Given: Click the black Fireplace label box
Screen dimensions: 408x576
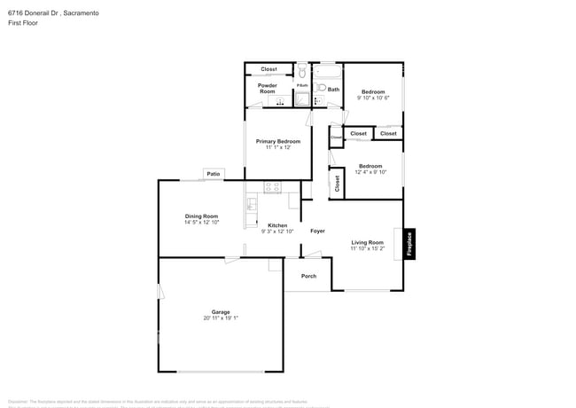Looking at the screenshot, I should (409, 244).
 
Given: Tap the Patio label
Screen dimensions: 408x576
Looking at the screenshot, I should (213, 174).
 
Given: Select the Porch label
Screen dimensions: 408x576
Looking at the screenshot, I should (308, 276).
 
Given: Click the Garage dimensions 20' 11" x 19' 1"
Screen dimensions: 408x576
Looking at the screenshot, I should (221, 318).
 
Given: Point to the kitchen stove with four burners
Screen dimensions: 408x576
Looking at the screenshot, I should (272, 187).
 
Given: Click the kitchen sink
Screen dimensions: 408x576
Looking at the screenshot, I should (252, 205).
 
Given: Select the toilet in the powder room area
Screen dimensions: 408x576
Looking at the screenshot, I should (302, 71).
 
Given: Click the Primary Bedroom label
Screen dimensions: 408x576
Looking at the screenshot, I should (278, 141).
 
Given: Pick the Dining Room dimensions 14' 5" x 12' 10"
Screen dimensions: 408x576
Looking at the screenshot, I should (201, 223).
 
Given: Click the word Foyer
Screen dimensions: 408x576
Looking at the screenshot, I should (317, 231).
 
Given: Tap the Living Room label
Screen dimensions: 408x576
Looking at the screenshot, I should (367, 242).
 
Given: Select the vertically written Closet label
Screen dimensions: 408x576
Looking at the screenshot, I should (337, 184).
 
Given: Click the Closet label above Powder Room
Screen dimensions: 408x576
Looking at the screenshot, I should (269, 69).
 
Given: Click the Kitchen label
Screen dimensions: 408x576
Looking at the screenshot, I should (277, 225).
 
